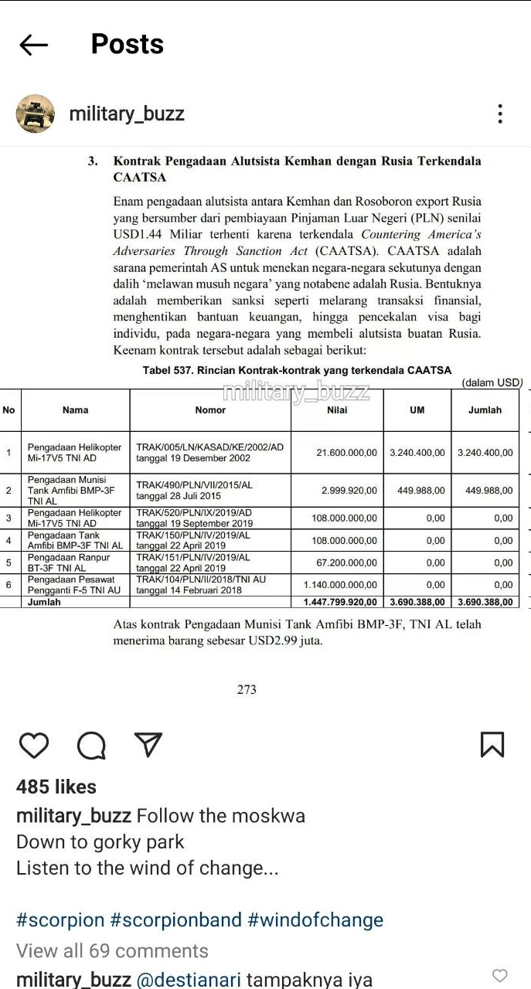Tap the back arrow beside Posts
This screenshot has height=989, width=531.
33,45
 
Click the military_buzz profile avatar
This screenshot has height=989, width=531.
36,114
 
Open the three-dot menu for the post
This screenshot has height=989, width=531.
500,114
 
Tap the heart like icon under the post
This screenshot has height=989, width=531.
34,745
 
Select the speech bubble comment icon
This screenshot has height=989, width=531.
91,745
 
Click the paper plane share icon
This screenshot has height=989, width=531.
148,745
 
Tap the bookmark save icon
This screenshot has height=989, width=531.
492,745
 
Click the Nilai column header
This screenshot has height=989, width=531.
337,410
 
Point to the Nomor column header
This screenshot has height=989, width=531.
210,410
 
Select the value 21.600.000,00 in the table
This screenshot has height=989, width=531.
346,453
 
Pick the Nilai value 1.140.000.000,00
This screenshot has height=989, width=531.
340,585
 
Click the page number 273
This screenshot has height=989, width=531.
247,689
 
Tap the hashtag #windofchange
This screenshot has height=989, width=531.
315,920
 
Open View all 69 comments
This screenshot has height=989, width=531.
112,950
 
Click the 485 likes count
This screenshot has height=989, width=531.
56,787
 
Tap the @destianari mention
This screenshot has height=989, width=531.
189,980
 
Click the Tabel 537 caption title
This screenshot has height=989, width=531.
297,370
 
